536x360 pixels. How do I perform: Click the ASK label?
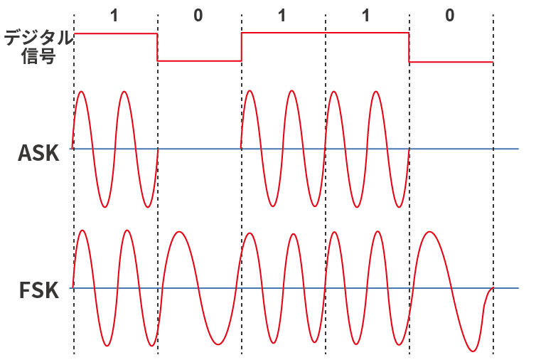pos(38,152)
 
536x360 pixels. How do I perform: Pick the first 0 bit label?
pos(198,15)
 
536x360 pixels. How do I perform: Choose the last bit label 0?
pos(449,15)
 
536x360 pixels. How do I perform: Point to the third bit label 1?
pos(282,15)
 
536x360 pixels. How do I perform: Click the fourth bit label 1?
pos(365,15)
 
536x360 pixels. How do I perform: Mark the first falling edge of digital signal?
pos(157,47)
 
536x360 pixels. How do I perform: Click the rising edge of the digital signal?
pos(242,47)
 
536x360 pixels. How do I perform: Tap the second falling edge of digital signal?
pos(409,47)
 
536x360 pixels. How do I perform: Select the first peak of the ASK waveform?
pos(82,92)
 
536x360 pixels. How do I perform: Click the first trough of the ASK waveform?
pos(104,207)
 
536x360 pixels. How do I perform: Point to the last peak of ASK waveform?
pos(376,92)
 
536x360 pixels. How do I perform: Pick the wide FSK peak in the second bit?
pos(181,232)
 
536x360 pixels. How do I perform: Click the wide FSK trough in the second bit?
pos(218,345)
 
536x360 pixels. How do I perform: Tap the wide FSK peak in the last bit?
pos(429,232)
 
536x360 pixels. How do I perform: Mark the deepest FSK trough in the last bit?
pos(471,351)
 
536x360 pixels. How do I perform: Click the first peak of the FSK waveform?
pos(83,231)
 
